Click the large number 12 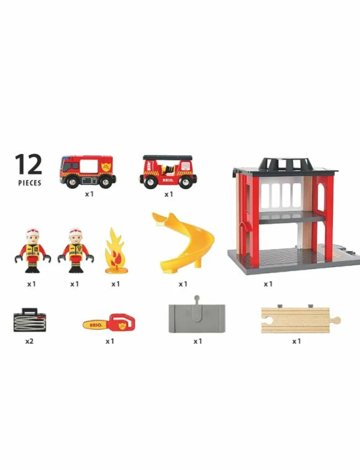pyautogui.click(x=29, y=164)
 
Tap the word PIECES pyautogui.click(x=30, y=183)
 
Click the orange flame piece pyautogui.click(x=116, y=251)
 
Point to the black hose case pyautogui.click(x=30, y=320)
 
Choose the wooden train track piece pyautogui.click(x=301, y=320)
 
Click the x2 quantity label pyautogui.click(x=29, y=341)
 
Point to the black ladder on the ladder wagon pyautogui.click(x=167, y=157)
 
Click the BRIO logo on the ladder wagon pyautogui.click(x=167, y=180)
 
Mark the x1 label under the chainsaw pyautogui.click(x=109, y=341)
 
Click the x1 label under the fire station pyautogui.click(x=268, y=284)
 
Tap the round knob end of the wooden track pyautogui.click(x=337, y=320)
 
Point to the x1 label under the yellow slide pyautogui.click(x=183, y=284)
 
